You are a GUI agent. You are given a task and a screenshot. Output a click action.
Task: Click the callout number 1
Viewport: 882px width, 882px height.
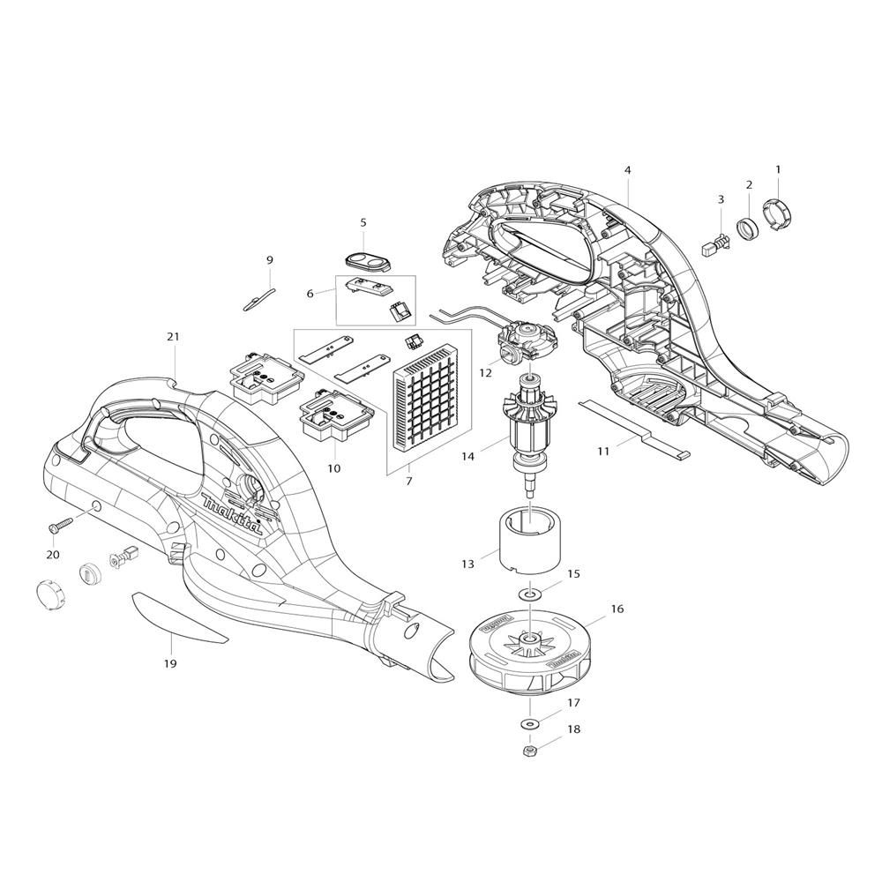778,169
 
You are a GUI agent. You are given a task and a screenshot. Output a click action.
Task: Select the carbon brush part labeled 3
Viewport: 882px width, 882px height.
714,246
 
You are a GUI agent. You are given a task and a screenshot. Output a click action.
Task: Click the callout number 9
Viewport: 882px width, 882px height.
269,260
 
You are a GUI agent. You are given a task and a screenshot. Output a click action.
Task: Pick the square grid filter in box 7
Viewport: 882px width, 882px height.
424,392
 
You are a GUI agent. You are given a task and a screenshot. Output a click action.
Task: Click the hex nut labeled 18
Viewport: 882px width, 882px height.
528,750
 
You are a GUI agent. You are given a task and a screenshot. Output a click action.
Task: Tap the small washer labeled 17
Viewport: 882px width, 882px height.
529,723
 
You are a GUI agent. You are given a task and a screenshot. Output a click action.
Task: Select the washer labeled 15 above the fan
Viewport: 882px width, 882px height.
529,594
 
